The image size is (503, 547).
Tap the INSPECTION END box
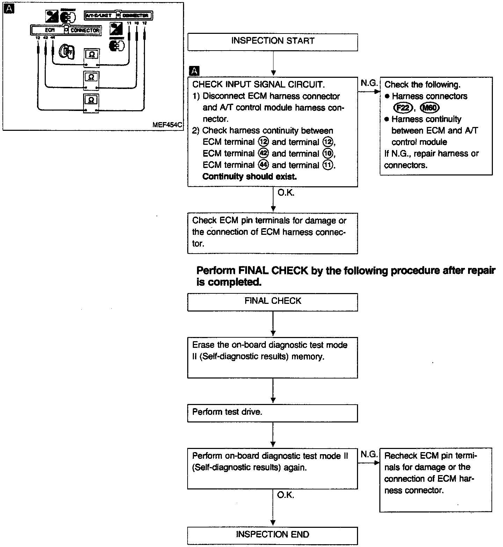pyautogui.click(x=272, y=534)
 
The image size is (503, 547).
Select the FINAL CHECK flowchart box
pyautogui.click(x=272, y=301)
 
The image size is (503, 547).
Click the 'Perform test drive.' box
pyautogui.click(x=272, y=413)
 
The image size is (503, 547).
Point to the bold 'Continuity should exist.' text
pyautogui.click(x=249, y=177)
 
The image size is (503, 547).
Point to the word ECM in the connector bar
pyautogui.click(x=49, y=30)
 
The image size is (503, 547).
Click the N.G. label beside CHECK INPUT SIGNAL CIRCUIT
pyautogui.click(x=369, y=84)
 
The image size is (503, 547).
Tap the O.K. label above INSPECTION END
pyautogui.click(x=286, y=495)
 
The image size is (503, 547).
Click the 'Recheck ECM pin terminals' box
pyautogui.click(x=436, y=480)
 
